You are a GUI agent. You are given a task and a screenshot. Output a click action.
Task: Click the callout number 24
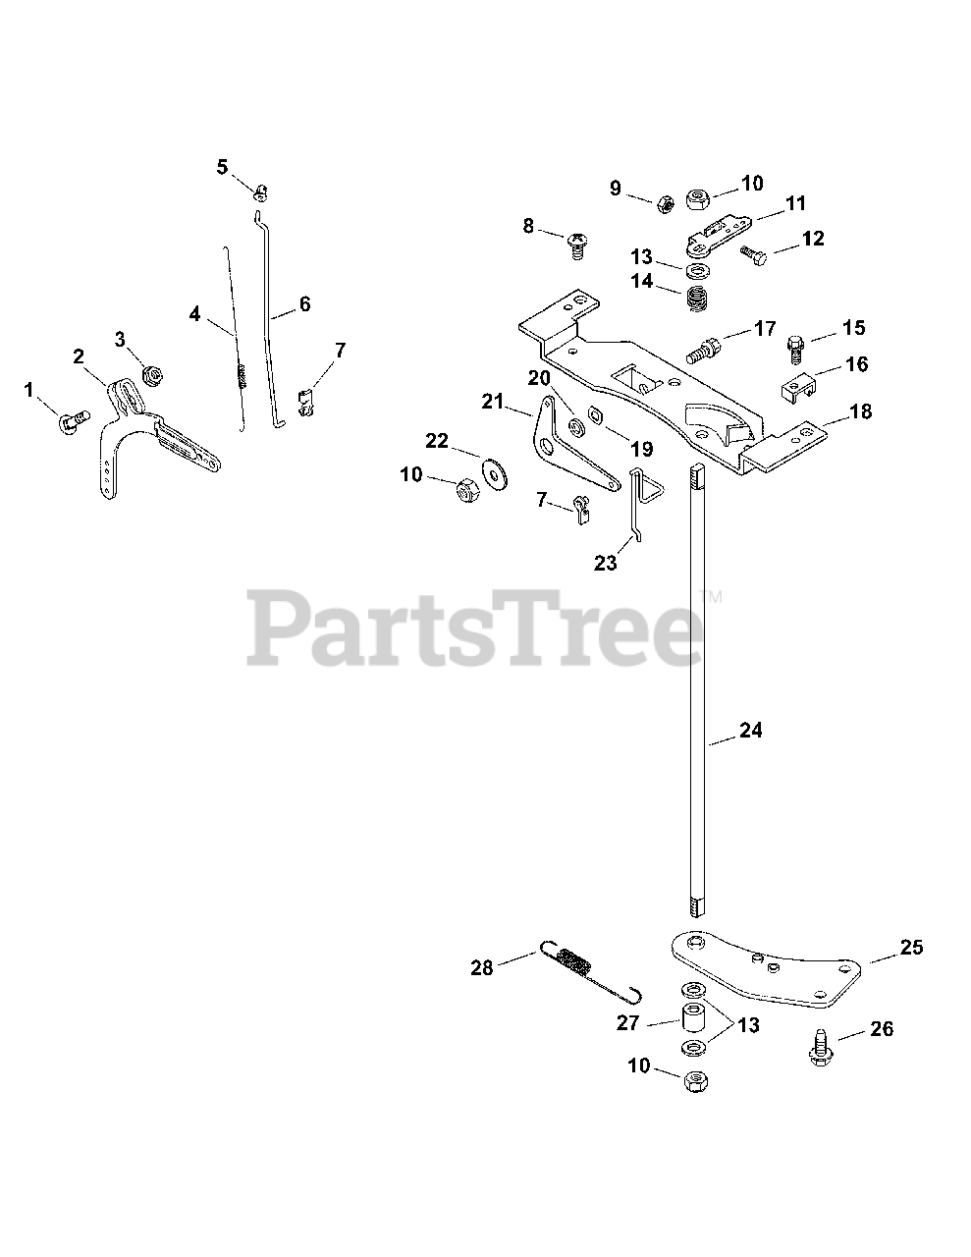pos(750,731)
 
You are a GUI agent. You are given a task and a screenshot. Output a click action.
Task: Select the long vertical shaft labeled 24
pos(696,687)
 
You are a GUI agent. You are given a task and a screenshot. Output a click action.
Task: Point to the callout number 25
pos(911,948)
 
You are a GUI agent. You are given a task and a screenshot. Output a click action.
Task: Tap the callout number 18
pos(860,411)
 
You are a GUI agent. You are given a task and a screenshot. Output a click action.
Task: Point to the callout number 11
pos(795,203)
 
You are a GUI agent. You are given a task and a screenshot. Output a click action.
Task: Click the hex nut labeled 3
pos(152,373)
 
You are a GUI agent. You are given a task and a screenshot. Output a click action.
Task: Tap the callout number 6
pos(304,304)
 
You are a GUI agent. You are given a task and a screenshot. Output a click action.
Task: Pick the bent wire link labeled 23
pos(638,501)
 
